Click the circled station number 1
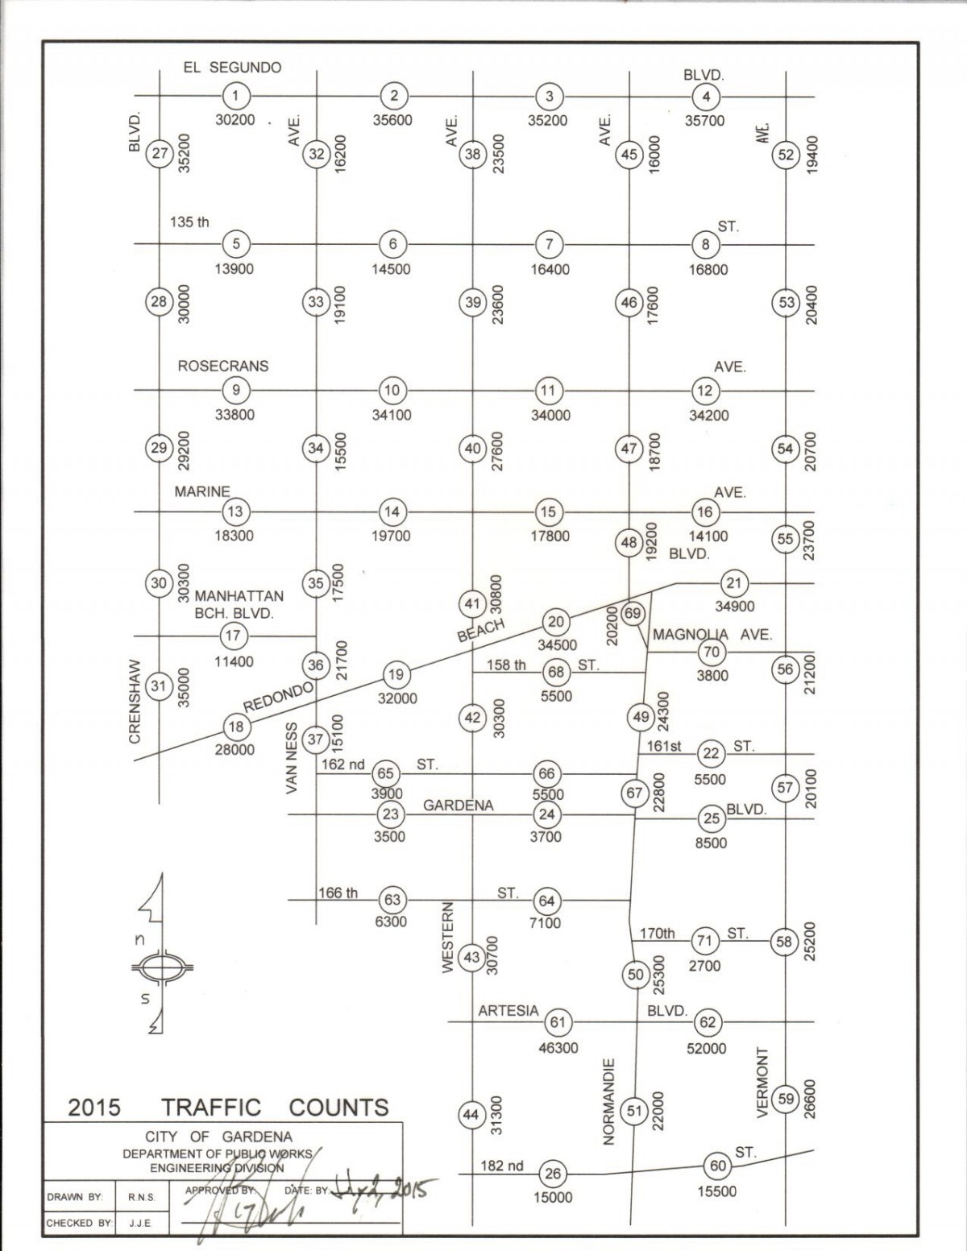click(235, 96)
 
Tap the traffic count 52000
click(706, 1048)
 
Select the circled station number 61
click(558, 1022)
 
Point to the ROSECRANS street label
click(223, 367)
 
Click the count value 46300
click(558, 1048)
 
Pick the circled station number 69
click(633, 613)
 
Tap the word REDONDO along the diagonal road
click(279, 697)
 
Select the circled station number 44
click(471, 1115)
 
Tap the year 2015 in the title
click(94, 1107)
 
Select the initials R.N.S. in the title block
click(142, 1198)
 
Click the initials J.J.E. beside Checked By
click(140, 1223)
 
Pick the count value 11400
click(234, 661)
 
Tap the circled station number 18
click(237, 727)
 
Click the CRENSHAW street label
click(135, 701)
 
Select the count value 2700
click(704, 966)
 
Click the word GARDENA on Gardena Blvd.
click(459, 806)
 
